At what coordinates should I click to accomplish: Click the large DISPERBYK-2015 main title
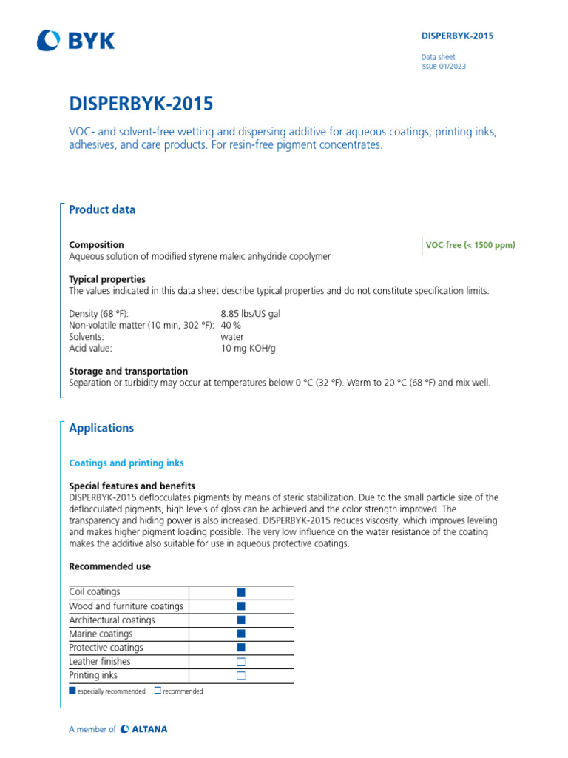142,104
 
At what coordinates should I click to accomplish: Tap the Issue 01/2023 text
443,67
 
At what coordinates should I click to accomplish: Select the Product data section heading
102,209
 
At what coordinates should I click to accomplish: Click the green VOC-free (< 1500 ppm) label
470,246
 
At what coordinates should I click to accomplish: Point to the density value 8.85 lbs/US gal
250,314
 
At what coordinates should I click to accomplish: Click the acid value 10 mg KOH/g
248,348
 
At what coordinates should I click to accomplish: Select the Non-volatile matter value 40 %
231,325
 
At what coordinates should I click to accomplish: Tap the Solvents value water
232,337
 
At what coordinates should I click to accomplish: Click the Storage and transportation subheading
128,371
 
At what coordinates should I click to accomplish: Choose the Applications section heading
101,428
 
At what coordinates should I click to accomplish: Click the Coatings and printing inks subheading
126,463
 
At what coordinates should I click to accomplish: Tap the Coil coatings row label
95,592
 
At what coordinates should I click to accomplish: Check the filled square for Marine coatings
240,634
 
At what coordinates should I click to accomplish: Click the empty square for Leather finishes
240,662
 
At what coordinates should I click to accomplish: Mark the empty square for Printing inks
240,676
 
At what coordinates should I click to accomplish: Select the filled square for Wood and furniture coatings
240,606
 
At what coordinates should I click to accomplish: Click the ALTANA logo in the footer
144,729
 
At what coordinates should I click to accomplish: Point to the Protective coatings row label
106,648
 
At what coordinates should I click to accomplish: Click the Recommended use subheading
109,566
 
